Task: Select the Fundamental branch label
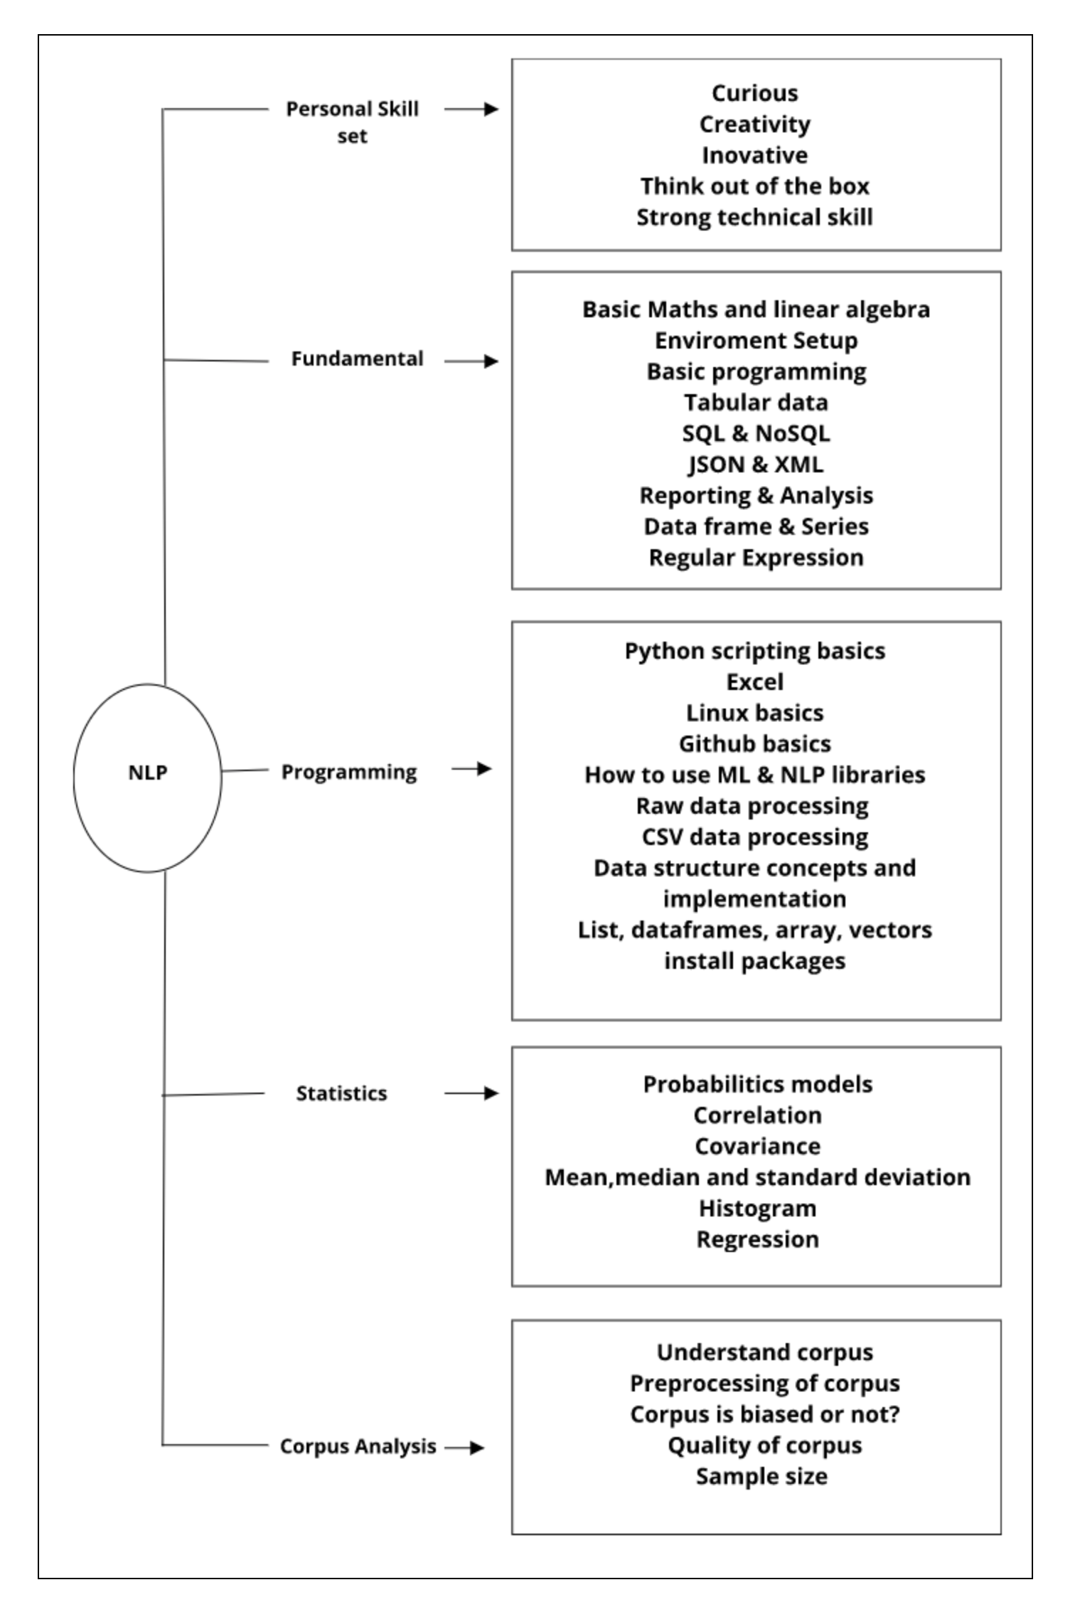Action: pos(357,359)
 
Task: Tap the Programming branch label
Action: pos(349,772)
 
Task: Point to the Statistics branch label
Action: pos(341,1093)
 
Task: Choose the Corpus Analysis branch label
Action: pos(358,1446)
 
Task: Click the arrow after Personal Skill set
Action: pos(471,110)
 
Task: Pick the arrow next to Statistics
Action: pos(471,1093)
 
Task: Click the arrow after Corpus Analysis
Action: pos(465,1447)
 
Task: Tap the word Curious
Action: pos(754,93)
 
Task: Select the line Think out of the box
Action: pos(754,186)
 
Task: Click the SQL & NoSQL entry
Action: pos(756,433)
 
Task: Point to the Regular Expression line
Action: pos(756,558)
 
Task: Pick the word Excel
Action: pos(754,682)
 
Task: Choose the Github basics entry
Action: pos(754,744)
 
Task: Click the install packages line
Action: pos(754,961)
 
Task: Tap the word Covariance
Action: pos(757,1146)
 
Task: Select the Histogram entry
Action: pos(757,1208)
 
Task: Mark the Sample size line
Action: pos(761,1476)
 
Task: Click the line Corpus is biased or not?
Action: pos(764,1414)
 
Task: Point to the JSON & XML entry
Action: pos(756,465)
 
